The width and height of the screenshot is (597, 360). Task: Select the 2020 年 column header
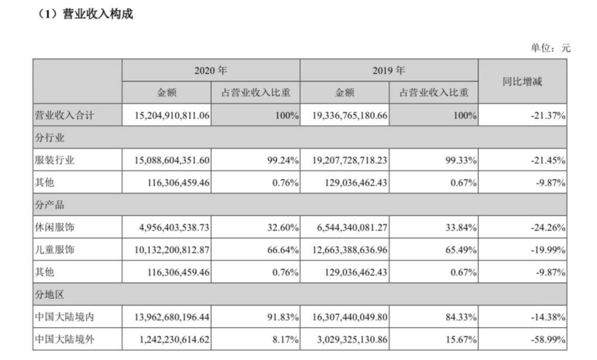[210, 70]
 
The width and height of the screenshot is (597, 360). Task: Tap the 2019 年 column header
[388, 70]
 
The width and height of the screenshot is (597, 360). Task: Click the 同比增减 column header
[522, 82]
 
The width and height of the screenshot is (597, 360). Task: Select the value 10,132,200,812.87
[167, 249]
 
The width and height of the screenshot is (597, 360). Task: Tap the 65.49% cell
[461, 249]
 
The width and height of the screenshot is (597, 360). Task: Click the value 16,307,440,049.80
[345, 316]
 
